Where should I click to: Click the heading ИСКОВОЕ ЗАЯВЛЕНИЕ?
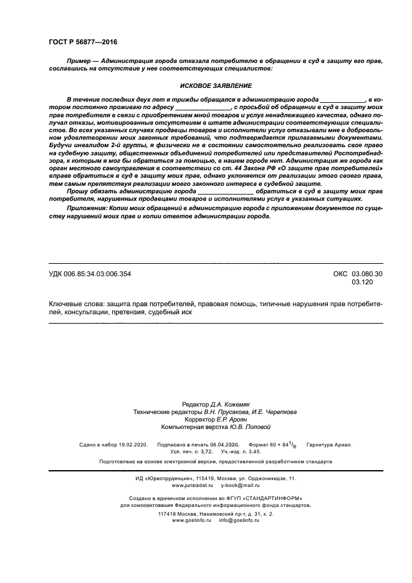[206, 86]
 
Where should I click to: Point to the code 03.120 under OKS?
[361, 282]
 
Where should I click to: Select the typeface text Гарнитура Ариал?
[329, 445]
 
